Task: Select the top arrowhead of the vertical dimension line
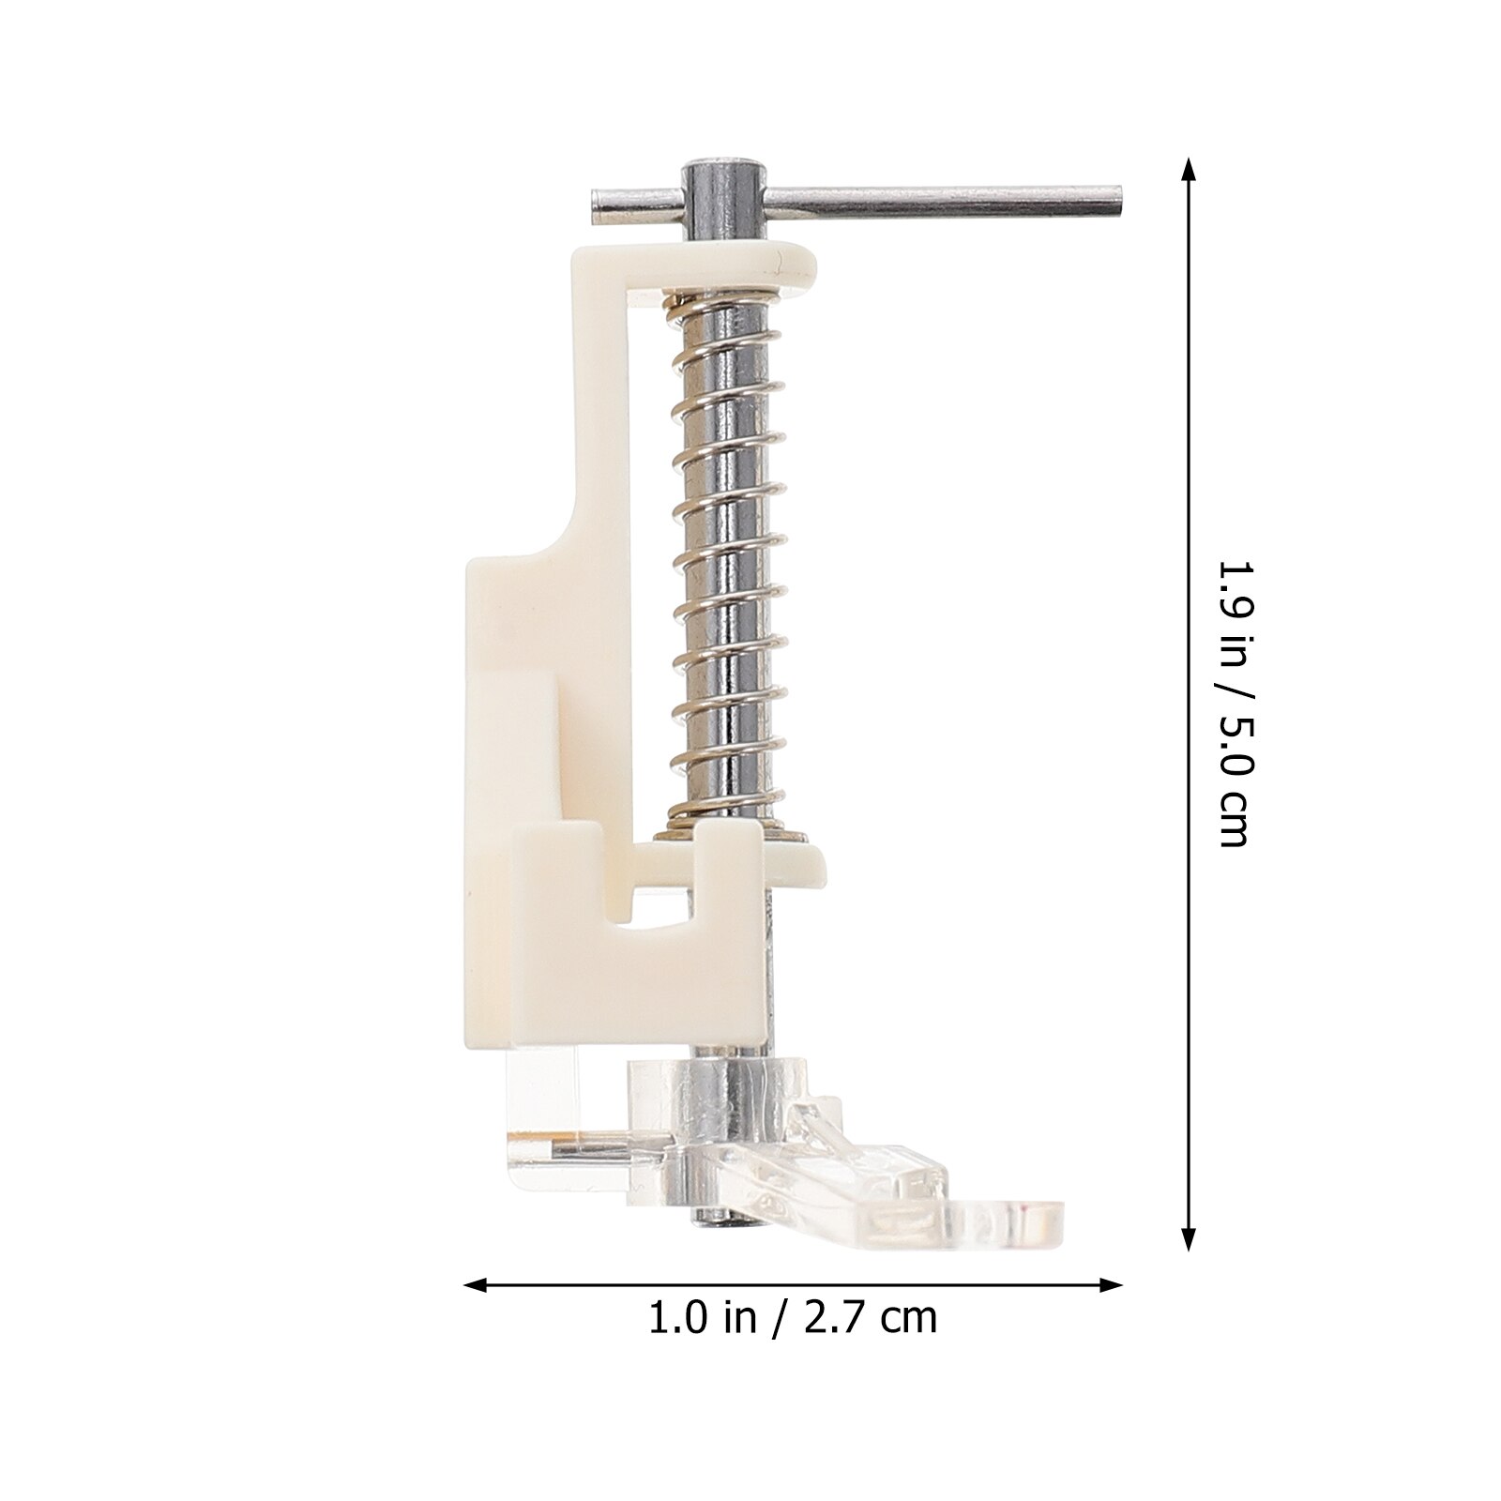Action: (x=1189, y=169)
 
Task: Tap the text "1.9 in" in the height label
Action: (x=1232, y=614)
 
